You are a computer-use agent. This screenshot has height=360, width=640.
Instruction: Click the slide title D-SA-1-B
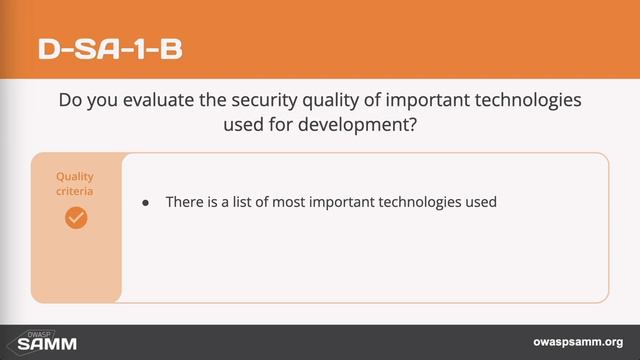click(x=110, y=47)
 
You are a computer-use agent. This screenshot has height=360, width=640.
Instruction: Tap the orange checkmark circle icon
click(x=76, y=217)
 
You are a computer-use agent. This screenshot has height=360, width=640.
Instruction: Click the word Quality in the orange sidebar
click(x=75, y=176)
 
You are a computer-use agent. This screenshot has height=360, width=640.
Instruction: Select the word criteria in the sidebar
click(x=76, y=190)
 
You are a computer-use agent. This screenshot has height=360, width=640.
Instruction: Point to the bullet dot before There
click(x=146, y=202)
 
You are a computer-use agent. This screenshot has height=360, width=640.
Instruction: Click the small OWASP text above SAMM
click(x=37, y=332)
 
